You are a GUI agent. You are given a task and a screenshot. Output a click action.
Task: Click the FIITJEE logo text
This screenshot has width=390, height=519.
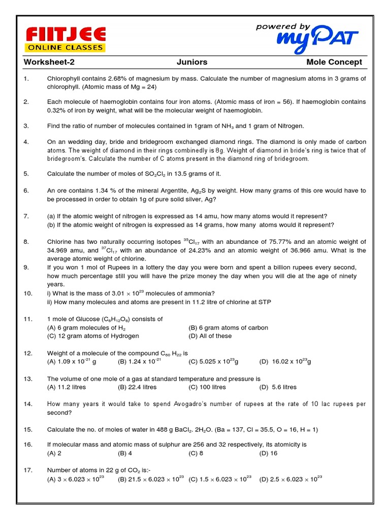[x=66, y=35]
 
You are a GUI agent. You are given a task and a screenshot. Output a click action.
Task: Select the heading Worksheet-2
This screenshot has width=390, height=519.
[x=52, y=62]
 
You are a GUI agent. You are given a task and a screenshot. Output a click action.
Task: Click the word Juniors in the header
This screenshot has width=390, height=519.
[x=191, y=62]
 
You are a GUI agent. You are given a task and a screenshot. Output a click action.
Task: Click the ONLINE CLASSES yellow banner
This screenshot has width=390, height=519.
[x=66, y=48]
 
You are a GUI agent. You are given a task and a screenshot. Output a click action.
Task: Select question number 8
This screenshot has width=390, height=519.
[x=26, y=242]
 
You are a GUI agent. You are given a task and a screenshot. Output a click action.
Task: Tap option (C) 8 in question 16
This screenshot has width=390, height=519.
[x=196, y=453]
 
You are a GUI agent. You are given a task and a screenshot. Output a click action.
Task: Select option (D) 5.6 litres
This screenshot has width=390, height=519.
[x=278, y=387]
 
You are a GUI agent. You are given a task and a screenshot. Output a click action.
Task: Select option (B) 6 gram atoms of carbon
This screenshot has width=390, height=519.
[x=228, y=327]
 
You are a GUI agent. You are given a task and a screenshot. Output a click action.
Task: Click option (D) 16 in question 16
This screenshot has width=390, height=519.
[x=268, y=453]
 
